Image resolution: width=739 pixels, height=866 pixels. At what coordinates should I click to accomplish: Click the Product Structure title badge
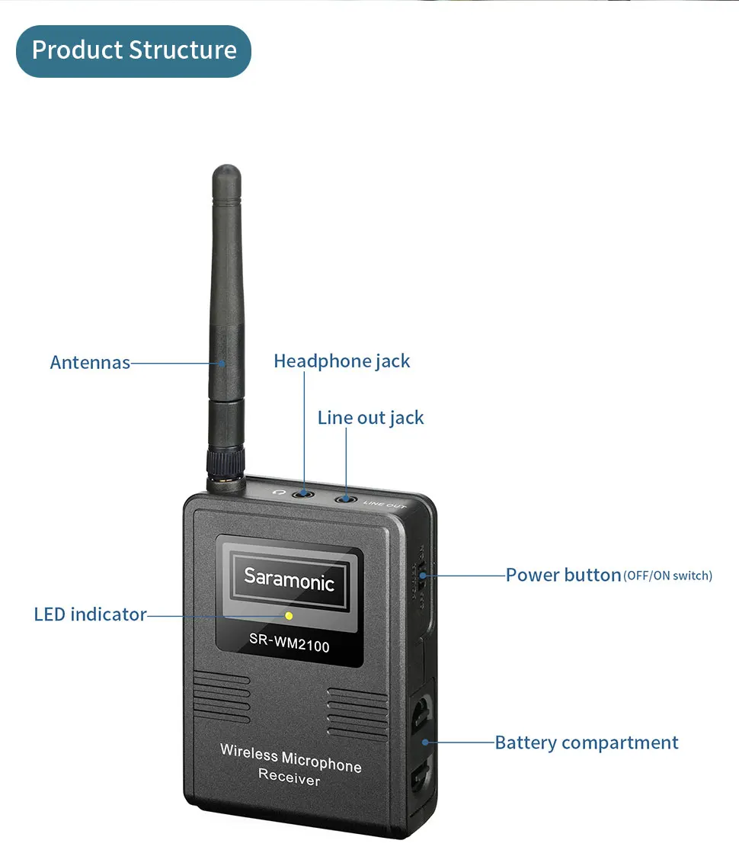point(133,50)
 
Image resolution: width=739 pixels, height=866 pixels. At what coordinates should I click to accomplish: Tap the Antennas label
point(90,362)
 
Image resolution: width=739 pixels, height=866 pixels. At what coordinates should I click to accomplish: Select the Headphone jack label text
point(341,361)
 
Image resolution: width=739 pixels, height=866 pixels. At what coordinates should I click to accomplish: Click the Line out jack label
point(370,418)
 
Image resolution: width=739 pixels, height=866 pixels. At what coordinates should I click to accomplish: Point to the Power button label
point(563,575)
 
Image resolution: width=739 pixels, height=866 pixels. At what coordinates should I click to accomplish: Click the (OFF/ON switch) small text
point(667,576)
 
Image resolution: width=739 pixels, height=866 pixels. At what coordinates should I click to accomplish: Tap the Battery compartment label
point(586,743)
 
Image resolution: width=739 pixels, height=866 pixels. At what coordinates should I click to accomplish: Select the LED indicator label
point(90,614)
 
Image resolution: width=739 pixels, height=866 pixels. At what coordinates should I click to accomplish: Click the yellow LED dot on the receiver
point(289,615)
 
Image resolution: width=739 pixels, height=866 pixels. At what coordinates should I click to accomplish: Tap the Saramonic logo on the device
point(289,579)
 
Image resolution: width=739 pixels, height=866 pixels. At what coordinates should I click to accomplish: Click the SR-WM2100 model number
point(289,646)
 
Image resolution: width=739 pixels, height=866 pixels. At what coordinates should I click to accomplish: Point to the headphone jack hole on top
point(305,494)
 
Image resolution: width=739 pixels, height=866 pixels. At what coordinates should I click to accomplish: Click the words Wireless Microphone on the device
point(290,758)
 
